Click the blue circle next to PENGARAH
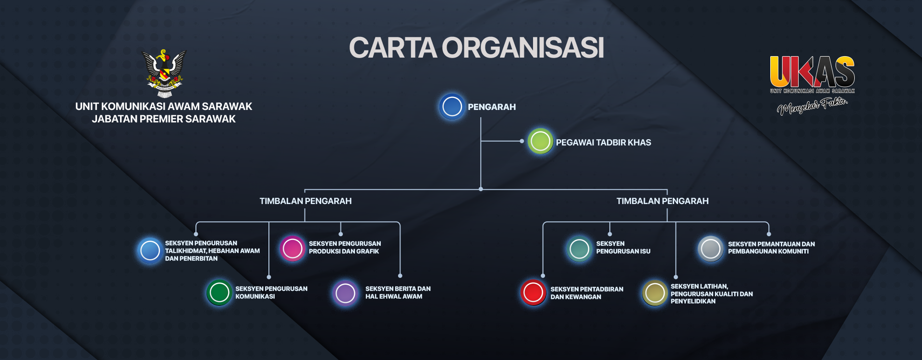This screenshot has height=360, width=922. click(x=452, y=107)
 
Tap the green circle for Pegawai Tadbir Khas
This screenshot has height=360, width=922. click(x=540, y=142)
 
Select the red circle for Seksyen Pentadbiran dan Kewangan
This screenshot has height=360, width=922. click(x=533, y=292)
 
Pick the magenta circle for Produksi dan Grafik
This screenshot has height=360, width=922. click(x=292, y=248)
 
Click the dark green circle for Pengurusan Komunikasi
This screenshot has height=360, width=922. click(x=219, y=292)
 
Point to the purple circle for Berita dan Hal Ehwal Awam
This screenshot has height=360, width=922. click(x=345, y=293)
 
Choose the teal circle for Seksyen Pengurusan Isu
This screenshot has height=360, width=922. click(x=579, y=249)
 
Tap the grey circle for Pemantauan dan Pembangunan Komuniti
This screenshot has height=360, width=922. click(x=711, y=249)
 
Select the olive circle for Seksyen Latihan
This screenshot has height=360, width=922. click(x=655, y=293)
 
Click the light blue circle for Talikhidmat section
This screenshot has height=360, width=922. click(x=150, y=251)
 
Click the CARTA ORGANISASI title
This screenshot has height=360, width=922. click(x=476, y=48)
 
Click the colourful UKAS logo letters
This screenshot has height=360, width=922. click(x=812, y=72)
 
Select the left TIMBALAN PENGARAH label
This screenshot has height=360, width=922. click(x=305, y=201)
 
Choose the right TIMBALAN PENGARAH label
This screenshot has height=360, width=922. click(x=662, y=201)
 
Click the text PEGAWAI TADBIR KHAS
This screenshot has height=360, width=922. click(x=603, y=143)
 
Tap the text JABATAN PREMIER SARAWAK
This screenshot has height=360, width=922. click(x=164, y=119)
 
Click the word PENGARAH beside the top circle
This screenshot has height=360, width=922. click(x=492, y=107)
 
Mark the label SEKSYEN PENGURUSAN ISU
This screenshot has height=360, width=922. click(x=623, y=247)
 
